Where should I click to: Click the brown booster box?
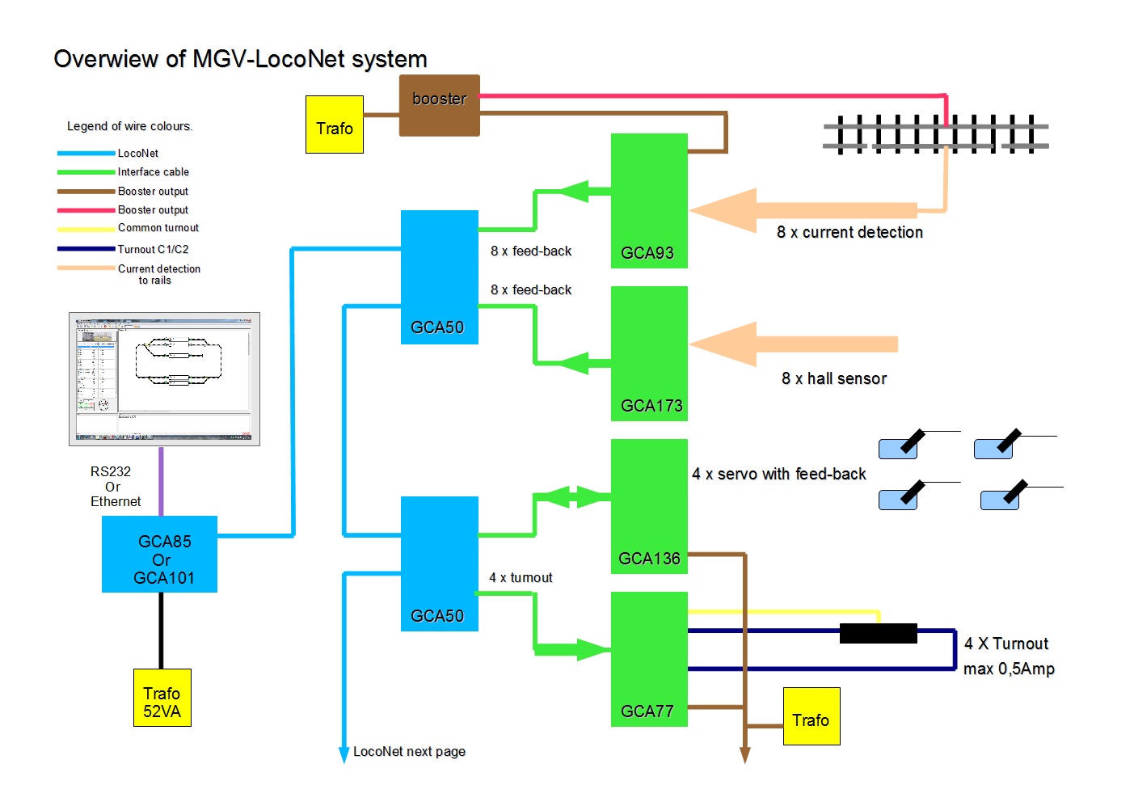tap(439, 105)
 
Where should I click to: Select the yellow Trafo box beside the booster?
tap(335, 125)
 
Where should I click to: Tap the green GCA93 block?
tap(649, 200)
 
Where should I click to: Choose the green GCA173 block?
tap(649, 353)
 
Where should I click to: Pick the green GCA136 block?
tap(649, 506)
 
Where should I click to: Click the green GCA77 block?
tap(649, 659)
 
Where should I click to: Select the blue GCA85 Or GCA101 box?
tap(159, 555)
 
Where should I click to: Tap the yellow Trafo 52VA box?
tap(162, 698)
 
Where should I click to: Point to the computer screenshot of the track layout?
tap(164, 379)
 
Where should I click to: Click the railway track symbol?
tap(935, 135)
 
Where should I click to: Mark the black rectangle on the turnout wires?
tap(878, 633)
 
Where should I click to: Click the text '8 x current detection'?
tap(849, 233)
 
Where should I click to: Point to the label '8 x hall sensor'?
tap(833, 379)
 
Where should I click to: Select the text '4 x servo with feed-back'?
tap(778, 475)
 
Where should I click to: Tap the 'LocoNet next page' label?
tap(409, 752)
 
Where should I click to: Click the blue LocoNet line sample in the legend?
tap(86, 153)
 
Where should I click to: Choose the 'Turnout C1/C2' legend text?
tap(153, 250)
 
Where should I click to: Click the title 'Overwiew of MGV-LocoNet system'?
tap(240, 59)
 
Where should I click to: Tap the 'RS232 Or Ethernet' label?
tap(114, 487)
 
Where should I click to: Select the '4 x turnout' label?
tap(521, 578)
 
